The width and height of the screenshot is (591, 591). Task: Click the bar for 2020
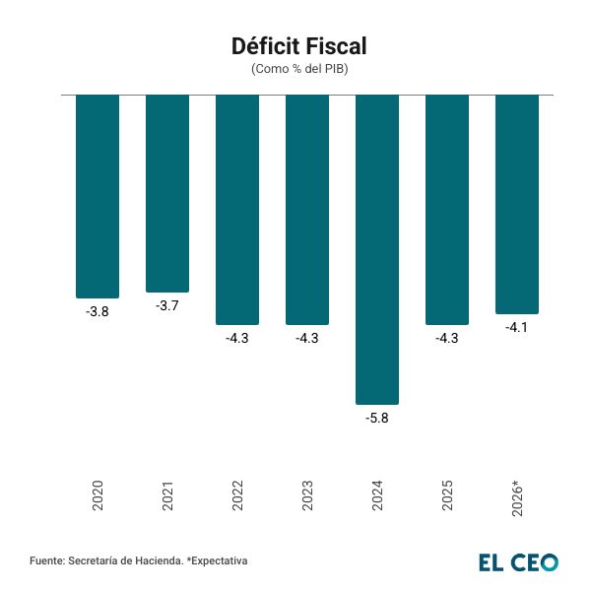(98, 196)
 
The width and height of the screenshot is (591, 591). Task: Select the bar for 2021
(167, 193)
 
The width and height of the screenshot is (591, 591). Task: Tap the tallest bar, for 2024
(377, 249)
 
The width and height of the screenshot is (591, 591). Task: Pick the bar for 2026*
(517, 204)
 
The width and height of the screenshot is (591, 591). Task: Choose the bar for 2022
(237, 209)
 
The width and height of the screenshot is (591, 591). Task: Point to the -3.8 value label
(98, 311)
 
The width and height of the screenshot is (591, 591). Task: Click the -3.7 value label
(167, 305)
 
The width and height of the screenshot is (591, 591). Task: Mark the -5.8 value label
(377, 418)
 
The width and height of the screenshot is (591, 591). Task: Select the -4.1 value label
(517, 327)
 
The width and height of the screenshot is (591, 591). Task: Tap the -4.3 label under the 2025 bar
(447, 338)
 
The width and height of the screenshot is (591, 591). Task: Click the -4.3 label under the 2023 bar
(307, 338)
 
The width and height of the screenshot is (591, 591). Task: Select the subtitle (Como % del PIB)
(299, 69)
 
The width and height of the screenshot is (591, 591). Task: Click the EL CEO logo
(518, 562)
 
